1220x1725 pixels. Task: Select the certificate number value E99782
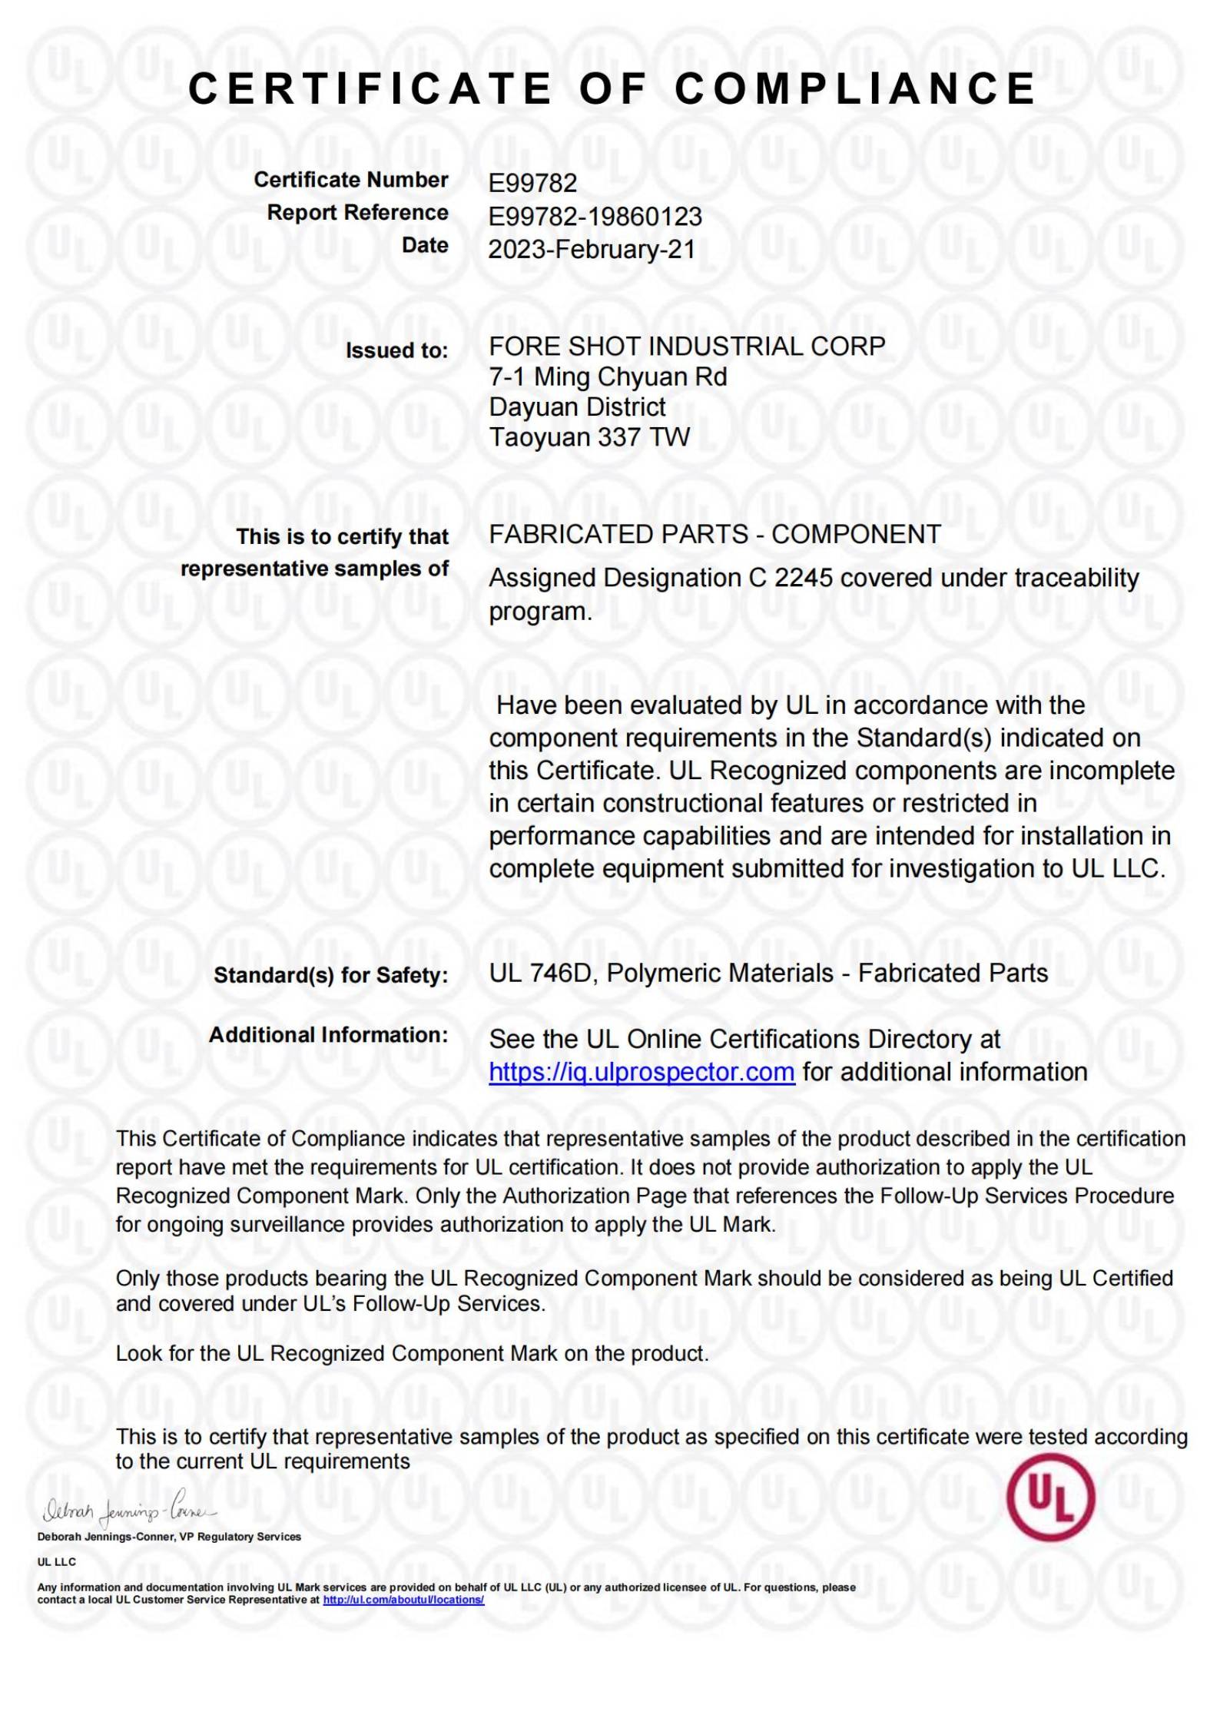[x=532, y=183]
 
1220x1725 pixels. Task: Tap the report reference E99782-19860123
[x=595, y=217]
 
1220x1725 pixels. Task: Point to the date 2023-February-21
[x=592, y=250]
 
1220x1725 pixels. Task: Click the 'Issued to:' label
[x=396, y=350]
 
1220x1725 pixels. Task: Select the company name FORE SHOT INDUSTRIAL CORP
[x=687, y=347]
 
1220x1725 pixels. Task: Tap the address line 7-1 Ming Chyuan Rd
[x=608, y=377]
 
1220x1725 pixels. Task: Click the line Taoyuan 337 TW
[x=589, y=437]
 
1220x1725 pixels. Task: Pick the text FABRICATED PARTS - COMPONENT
[x=714, y=534]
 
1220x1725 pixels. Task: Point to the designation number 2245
[x=803, y=578]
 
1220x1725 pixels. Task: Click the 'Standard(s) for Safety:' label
[x=330, y=975]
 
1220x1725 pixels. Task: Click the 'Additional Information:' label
[x=328, y=1035]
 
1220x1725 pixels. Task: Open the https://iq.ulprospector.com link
[x=641, y=1072]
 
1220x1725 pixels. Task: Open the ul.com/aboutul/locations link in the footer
[x=403, y=1600]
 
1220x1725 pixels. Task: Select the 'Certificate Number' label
[x=351, y=180]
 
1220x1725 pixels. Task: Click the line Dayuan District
[x=578, y=406]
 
